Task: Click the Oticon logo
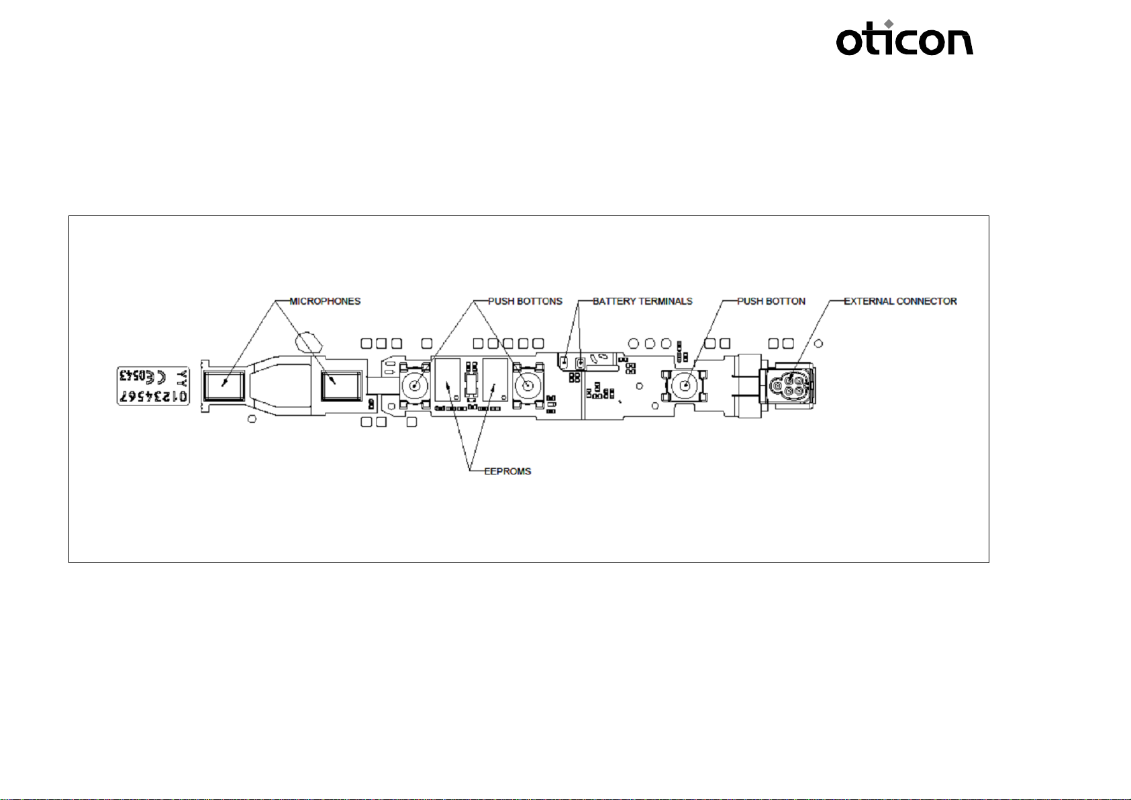(x=904, y=40)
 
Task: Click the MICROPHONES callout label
(x=325, y=301)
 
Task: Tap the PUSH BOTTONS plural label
(x=525, y=301)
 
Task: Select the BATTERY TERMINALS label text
(x=642, y=301)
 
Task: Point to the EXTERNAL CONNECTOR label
(x=900, y=301)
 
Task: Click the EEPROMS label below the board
(x=507, y=471)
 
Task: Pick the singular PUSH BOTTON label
(x=771, y=301)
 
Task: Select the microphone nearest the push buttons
(x=340, y=387)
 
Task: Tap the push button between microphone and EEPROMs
(x=415, y=386)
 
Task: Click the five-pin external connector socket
(x=790, y=386)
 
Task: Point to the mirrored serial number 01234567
(x=154, y=397)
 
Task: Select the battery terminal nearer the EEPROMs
(x=565, y=362)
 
